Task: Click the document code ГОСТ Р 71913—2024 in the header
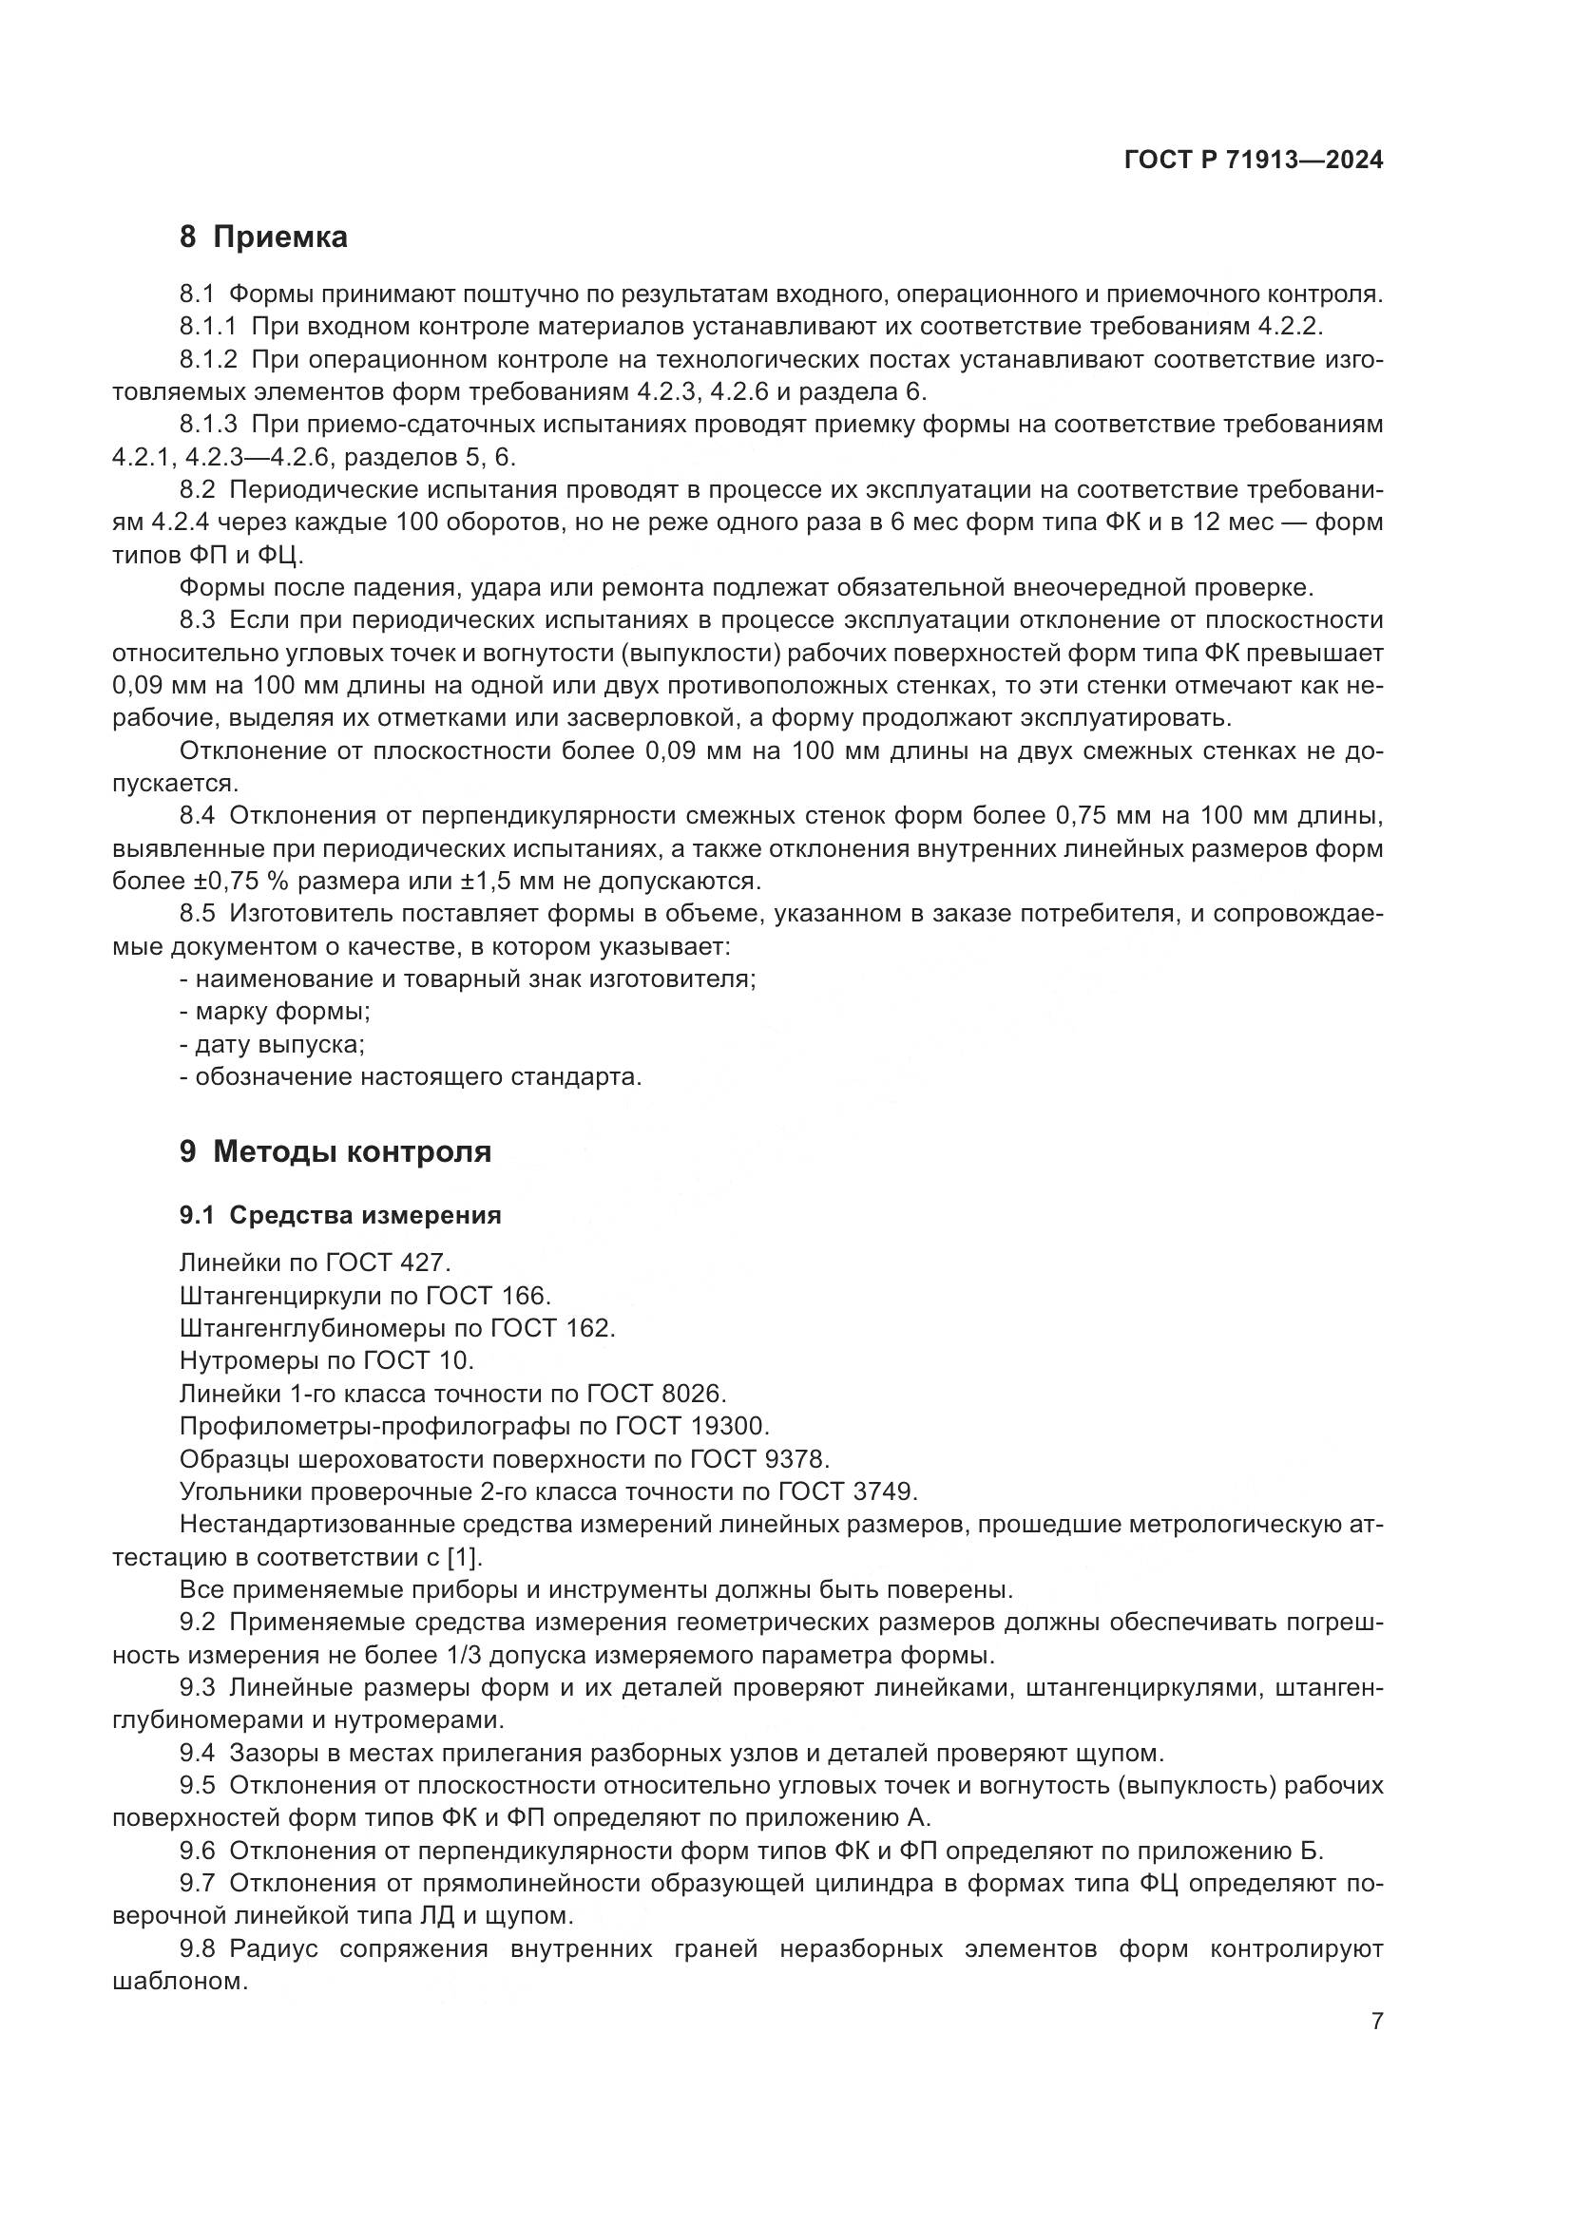[1253, 161]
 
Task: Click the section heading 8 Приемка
[263, 237]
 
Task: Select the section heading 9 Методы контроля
[335, 1151]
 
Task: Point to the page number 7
[1376, 2022]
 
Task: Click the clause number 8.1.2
[207, 360]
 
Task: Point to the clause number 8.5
[199, 914]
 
